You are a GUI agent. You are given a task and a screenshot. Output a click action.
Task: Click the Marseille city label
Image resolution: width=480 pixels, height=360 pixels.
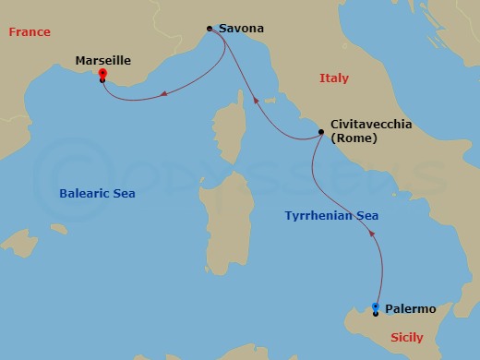pyautogui.click(x=102, y=61)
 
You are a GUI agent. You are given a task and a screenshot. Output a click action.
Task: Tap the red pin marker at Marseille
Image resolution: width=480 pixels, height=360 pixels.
pyautogui.click(x=102, y=75)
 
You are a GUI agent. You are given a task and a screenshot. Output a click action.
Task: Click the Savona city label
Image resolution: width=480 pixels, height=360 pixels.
pyautogui.click(x=241, y=29)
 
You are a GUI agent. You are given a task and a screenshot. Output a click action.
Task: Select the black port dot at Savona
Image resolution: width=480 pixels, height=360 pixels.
pyautogui.click(x=210, y=29)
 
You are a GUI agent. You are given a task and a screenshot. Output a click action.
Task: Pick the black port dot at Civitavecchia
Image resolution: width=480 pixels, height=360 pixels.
pyautogui.click(x=320, y=132)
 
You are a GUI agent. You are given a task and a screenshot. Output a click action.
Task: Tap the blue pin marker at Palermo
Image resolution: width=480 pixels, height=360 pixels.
pyautogui.click(x=376, y=307)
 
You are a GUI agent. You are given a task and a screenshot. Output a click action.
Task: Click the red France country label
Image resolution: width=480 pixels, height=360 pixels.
pyautogui.click(x=30, y=32)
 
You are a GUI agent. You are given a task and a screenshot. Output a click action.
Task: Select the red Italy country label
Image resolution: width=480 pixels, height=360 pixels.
pyautogui.click(x=333, y=78)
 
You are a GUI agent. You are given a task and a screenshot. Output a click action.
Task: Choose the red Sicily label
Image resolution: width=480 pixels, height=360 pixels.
pyautogui.click(x=407, y=338)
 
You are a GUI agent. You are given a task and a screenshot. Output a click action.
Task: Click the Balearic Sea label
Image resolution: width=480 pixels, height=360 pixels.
pyautogui.click(x=97, y=194)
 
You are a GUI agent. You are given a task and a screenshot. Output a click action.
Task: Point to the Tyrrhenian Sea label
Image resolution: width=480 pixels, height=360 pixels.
pyautogui.click(x=331, y=216)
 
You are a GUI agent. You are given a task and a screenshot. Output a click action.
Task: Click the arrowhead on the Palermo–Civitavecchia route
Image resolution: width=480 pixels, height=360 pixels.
pyautogui.click(x=372, y=234)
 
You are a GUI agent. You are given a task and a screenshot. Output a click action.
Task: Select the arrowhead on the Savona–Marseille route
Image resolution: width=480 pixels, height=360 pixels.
pyautogui.click(x=162, y=92)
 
